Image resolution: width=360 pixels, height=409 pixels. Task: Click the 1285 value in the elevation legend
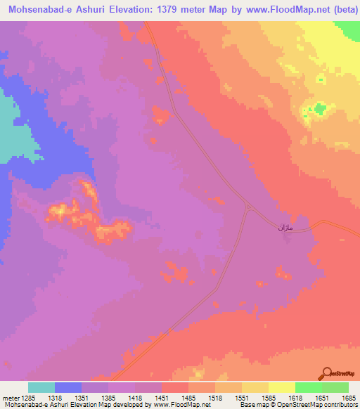(29, 397)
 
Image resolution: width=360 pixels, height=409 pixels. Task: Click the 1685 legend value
(349, 397)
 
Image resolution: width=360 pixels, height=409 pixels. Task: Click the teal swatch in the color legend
(41, 387)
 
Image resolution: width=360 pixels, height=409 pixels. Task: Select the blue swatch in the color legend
(68, 387)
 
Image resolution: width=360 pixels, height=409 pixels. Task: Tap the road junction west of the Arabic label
(249, 207)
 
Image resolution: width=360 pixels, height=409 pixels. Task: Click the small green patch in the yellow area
(321, 108)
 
